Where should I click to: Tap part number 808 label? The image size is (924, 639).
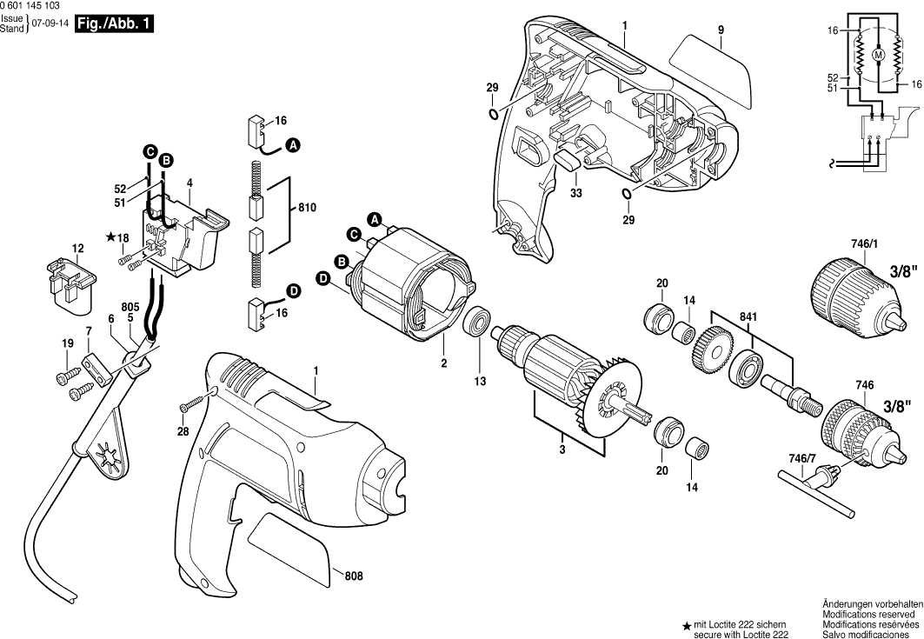(353, 576)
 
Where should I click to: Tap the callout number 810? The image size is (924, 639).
(307, 209)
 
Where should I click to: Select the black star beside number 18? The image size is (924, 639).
(110, 236)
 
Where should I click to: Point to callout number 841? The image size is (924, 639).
(747, 316)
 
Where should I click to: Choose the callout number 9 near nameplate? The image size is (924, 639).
(721, 30)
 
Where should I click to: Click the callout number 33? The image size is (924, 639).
(576, 193)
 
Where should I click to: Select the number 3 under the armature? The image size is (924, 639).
(562, 449)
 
